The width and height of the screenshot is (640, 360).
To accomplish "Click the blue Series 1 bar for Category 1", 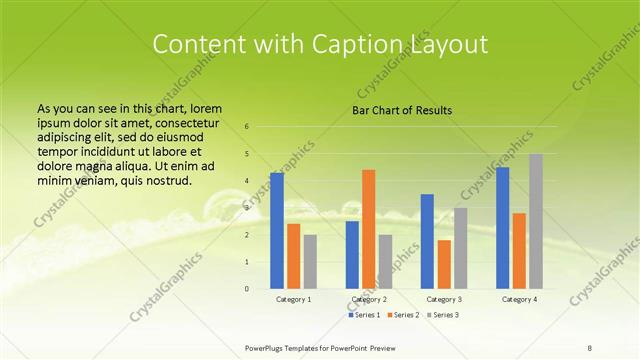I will [x=277, y=230].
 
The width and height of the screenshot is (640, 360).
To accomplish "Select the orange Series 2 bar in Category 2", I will [x=368, y=229].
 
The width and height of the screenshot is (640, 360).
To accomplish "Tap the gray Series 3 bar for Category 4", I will [x=536, y=221].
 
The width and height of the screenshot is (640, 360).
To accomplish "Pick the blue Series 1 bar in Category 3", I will [x=427, y=241].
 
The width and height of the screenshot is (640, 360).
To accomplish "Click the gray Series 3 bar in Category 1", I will [x=310, y=262].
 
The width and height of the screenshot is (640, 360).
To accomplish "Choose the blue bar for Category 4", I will [x=503, y=228].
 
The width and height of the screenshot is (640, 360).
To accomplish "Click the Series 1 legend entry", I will [x=366, y=315].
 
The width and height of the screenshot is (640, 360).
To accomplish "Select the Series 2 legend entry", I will [x=403, y=315].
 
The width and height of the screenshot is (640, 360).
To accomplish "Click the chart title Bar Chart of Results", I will [x=402, y=109].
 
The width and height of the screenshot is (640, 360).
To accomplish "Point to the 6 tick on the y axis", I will [x=246, y=127].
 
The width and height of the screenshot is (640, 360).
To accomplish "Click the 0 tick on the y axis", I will [x=246, y=289].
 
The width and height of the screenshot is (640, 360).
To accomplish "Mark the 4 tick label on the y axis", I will [x=246, y=181].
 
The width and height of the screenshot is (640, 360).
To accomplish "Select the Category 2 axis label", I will [x=368, y=299].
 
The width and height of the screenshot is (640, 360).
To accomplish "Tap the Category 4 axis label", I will [x=519, y=299].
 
